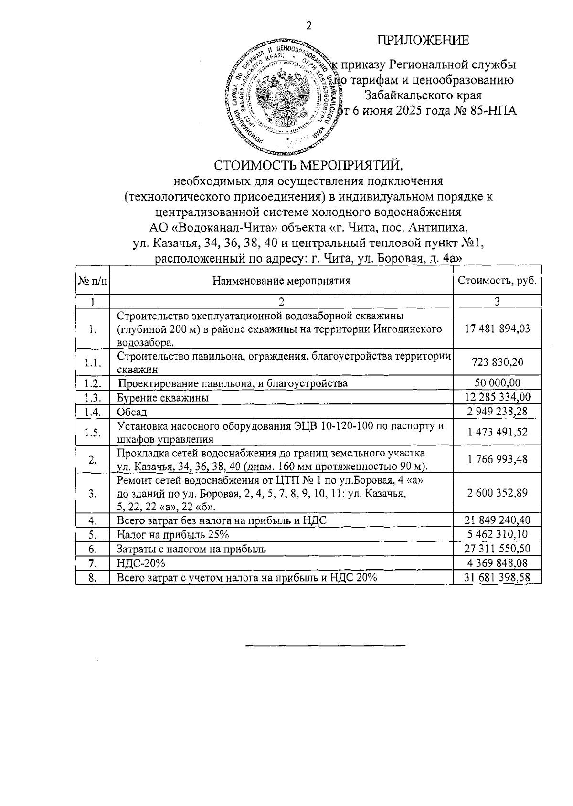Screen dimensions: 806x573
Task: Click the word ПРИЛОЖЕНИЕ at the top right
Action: click(x=424, y=41)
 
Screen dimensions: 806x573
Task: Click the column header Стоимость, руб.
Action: click(x=497, y=280)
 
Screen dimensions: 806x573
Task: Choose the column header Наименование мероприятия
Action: click(x=281, y=280)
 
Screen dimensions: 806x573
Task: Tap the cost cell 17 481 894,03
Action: click(x=497, y=329)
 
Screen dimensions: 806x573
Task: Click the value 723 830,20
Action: click(x=497, y=362)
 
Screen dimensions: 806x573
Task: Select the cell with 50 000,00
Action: click(x=497, y=383)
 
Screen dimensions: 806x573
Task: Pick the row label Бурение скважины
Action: click(x=163, y=398)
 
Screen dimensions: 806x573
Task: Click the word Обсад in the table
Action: click(x=132, y=412)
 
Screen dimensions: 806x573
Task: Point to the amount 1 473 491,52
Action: click(x=497, y=432)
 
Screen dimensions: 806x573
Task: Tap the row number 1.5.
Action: click(x=93, y=433)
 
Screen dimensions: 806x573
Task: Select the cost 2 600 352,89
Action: click(x=497, y=493)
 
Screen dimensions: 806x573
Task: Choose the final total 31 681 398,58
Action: click(x=497, y=578)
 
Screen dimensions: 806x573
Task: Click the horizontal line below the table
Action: click(x=325, y=646)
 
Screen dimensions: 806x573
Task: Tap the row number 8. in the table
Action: click(x=93, y=578)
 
